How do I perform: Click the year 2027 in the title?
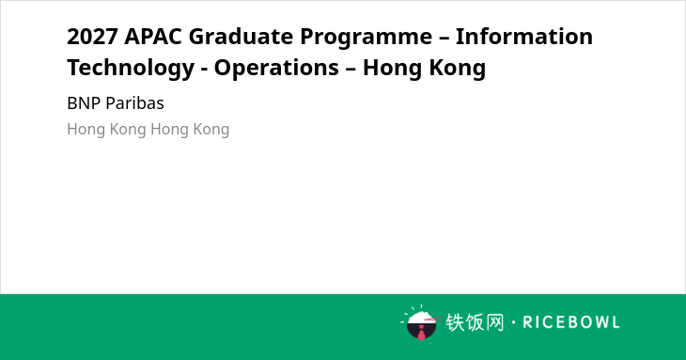92,37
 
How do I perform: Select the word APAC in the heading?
152,37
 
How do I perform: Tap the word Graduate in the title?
241,37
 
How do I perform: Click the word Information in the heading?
524,37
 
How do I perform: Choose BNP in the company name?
84,103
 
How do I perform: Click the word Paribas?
134,103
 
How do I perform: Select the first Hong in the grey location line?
86,130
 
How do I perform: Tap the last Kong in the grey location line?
210,130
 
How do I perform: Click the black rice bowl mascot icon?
421,323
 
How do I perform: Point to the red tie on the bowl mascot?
421,333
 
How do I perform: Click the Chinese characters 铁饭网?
475,322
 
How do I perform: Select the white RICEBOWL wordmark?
571,322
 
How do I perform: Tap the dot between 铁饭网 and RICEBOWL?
513,322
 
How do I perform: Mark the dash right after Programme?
444,38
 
